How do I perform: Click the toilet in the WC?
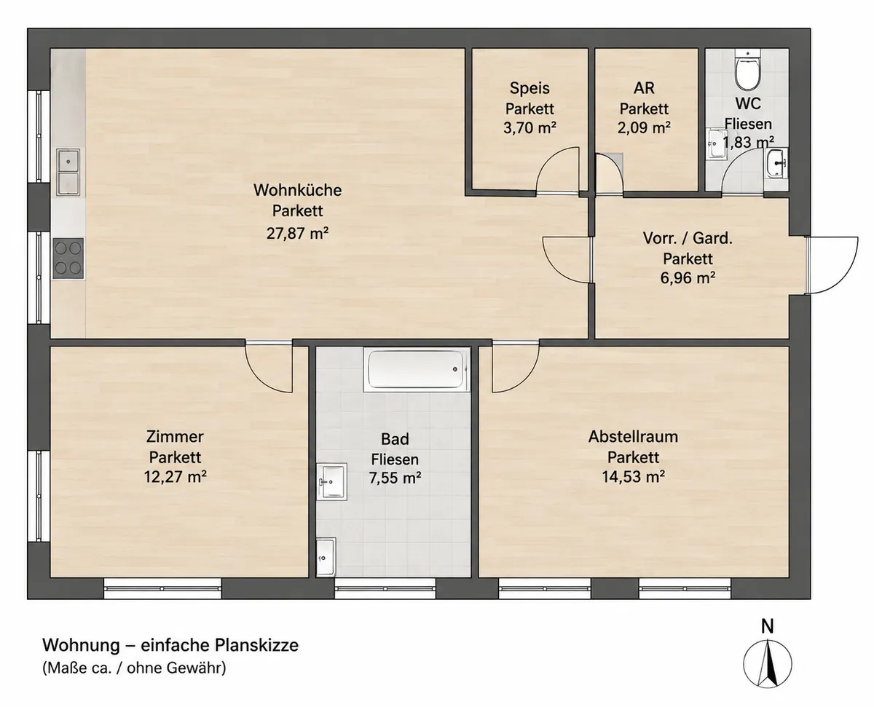[x=747, y=70]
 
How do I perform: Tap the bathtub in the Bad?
[x=416, y=369]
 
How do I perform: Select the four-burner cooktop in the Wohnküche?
[x=68, y=258]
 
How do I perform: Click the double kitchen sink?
[x=68, y=172]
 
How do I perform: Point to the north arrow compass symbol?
[x=768, y=665]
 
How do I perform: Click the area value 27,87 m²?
[x=297, y=233]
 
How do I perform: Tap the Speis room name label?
[x=529, y=88]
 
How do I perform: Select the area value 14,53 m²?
[x=633, y=477]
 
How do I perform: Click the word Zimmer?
[x=175, y=437]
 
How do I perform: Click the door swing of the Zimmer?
[x=269, y=367]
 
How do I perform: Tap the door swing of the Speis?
[x=558, y=170]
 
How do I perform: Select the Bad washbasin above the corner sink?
[x=331, y=481]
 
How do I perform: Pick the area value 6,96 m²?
[x=688, y=278]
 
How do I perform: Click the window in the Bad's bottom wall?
[x=385, y=588]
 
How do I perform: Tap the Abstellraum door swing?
[x=516, y=367]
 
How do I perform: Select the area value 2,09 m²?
[x=644, y=128]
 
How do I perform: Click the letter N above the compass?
[x=768, y=626]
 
